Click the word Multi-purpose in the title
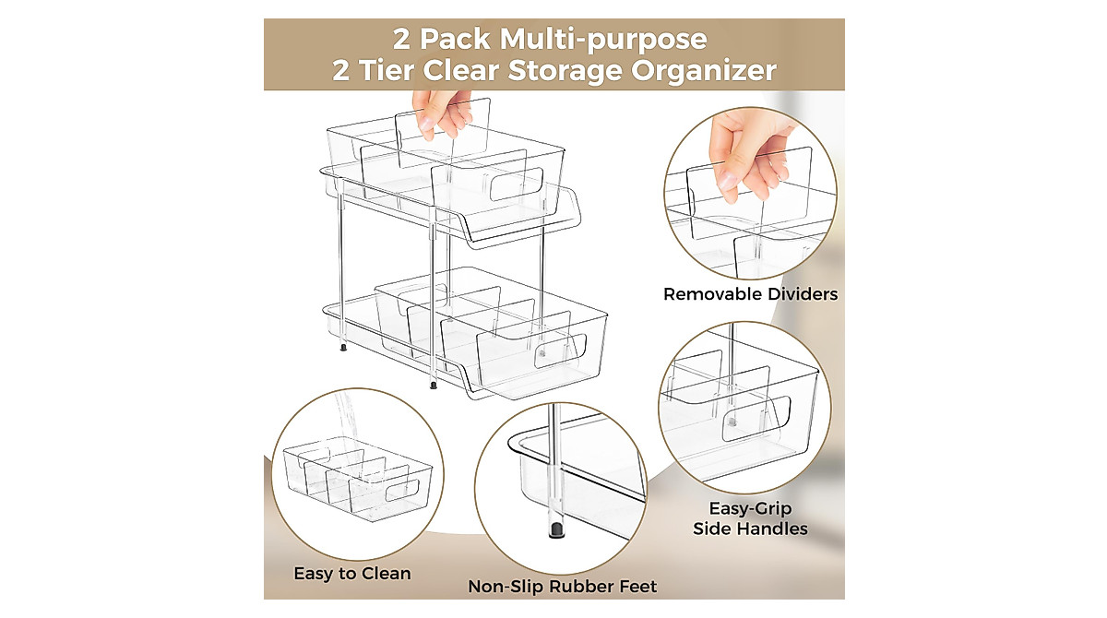(x=604, y=40)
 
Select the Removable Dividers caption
(x=750, y=294)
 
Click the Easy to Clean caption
(x=351, y=573)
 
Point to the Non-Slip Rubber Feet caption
(x=562, y=587)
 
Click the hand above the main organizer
(x=438, y=112)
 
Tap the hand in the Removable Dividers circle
(x=747, y=152)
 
